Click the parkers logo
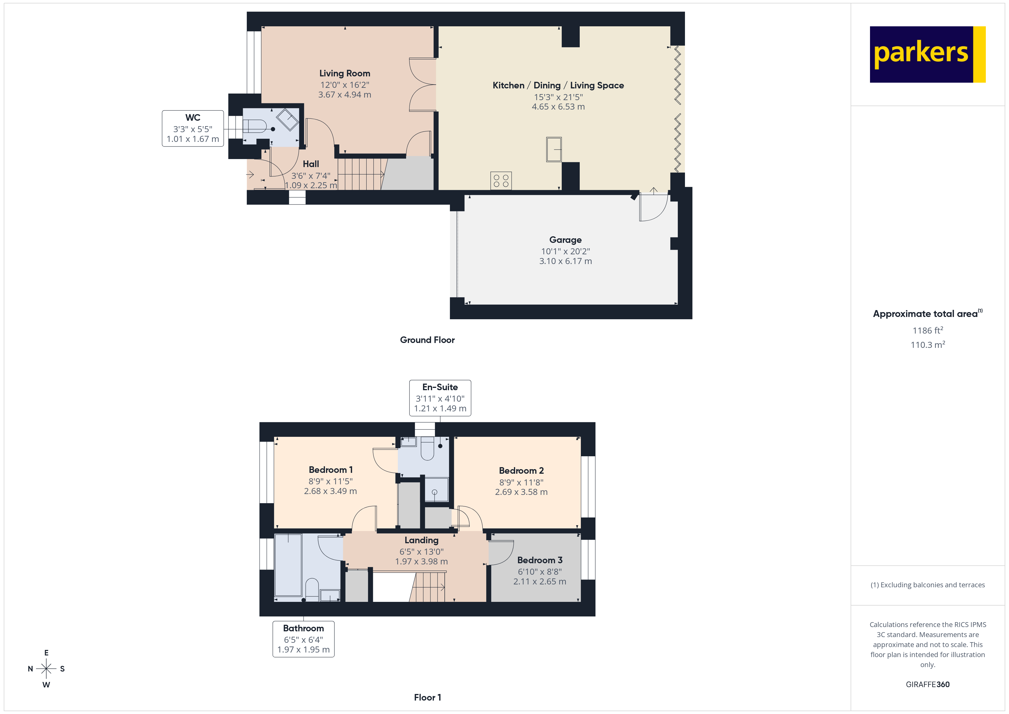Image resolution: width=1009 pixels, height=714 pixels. pyautogui.click(x=927, y=55)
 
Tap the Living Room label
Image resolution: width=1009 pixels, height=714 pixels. pyautogui.click(x=345, y=74)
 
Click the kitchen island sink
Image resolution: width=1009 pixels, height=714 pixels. pyautogui.click(x=554, y=150)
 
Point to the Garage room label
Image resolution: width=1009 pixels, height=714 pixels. pyautogui.click(x=565, y=240)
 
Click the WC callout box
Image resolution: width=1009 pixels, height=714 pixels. pyautogui.click(x=192, y=128)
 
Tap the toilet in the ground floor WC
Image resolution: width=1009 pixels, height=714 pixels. pyautogui.click(x=255, y=126)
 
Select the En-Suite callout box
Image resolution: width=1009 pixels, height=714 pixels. pyautogui.click(x=440, y=398)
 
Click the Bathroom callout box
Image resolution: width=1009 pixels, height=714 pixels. pyautogui.click(x=303, y=639)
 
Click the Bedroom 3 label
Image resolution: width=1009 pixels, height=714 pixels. pyautogui.click(x=540, y=560)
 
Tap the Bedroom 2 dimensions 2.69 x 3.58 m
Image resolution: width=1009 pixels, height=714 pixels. pyautogui.click(x=521, y=492)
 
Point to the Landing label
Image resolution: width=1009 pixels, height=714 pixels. pyautogui.click(x=422, y=540)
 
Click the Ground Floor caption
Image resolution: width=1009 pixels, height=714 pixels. pyautogui.click(x=427, y=340)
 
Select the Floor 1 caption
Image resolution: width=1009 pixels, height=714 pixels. pyautogui.click(x=427, y=697)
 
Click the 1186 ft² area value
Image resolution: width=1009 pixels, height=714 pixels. pyautogui.click(x=927, y=330)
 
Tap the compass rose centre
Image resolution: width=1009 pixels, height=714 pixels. pyautogui.click(x=46, y=669)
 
